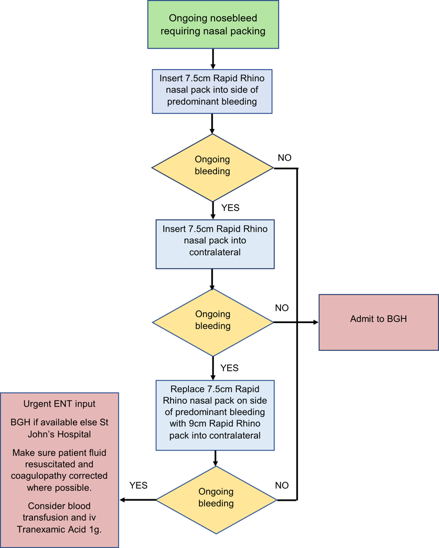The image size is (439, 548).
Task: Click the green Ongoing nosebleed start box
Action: [213, 25]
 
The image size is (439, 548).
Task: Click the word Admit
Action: [362, 318]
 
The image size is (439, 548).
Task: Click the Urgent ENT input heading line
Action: [59, 404]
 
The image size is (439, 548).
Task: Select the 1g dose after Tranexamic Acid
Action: [94, 529]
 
